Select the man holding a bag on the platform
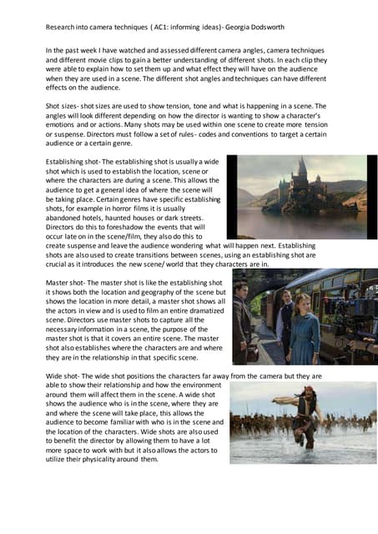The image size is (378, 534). (x=243, y=321)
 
